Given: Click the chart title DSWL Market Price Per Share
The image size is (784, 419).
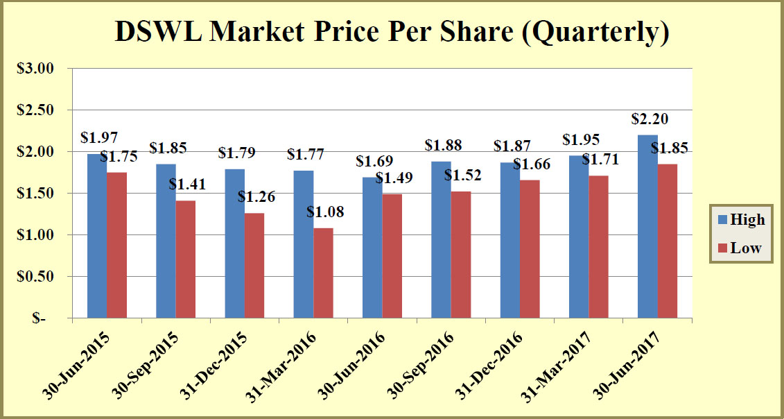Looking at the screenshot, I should [x=392, y=32].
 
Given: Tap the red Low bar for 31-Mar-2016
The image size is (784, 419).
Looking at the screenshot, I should [x=324, y=273].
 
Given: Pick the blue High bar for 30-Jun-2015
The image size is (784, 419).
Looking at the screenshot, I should [x=97, y=236].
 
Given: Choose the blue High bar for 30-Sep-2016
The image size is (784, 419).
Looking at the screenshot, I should [x=441, y=240].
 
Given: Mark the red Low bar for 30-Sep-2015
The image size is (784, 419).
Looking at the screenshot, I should [x=186, y=259].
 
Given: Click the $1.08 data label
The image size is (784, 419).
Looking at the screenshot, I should [x=325, y=212].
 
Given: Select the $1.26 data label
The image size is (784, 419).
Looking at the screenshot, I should [x=256, y=197].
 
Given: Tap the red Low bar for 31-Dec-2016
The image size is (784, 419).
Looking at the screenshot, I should [x=530, y=249].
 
